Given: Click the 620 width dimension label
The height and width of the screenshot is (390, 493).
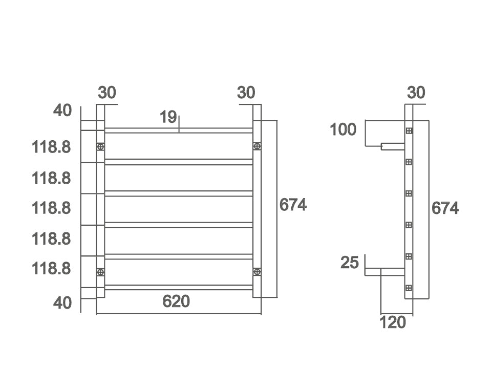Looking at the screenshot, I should point(176,301).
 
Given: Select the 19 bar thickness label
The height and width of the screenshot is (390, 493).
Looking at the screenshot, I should point(168,117).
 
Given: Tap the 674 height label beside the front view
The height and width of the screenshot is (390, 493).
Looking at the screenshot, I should point(293,205).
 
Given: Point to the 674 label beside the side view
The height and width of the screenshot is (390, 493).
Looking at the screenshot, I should point(445,208).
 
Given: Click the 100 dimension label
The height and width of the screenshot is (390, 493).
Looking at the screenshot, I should point(343,130).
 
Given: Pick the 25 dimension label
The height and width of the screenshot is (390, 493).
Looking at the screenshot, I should point(350,263).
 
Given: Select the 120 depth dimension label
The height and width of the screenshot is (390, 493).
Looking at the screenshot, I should point(393,322).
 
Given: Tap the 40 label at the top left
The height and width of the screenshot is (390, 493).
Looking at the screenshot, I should point(62,111).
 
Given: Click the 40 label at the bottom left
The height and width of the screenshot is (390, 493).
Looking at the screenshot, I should point(62,302).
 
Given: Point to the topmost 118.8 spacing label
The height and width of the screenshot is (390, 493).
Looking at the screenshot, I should point(51,147).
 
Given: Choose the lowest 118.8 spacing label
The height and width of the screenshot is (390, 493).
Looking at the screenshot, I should point(51,268).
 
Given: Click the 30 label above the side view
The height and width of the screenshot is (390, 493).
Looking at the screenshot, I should point(416,93).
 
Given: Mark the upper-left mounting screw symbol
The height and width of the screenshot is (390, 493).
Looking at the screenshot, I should point(100,147).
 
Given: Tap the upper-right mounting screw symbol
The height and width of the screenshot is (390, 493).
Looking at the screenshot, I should point(257,147).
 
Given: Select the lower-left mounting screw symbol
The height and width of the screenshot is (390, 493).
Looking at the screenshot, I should point(100,272).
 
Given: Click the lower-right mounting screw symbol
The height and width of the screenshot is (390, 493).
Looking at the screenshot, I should point(257,272).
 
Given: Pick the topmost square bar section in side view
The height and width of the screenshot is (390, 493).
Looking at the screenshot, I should point(409,131).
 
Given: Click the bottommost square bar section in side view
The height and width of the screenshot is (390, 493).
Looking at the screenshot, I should point(409,288).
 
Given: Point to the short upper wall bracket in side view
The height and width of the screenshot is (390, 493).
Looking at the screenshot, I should point(392,147).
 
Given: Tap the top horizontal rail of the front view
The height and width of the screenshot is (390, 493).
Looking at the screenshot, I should point(179,131).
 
